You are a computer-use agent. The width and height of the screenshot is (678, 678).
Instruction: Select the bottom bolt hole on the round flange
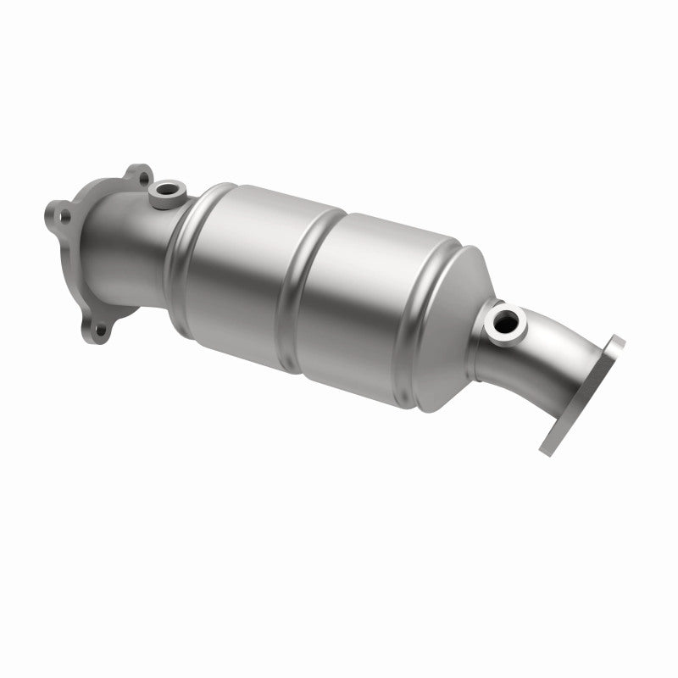tap(101, 331)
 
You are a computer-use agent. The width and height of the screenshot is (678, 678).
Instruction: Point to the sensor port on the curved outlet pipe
tap(506, 320)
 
